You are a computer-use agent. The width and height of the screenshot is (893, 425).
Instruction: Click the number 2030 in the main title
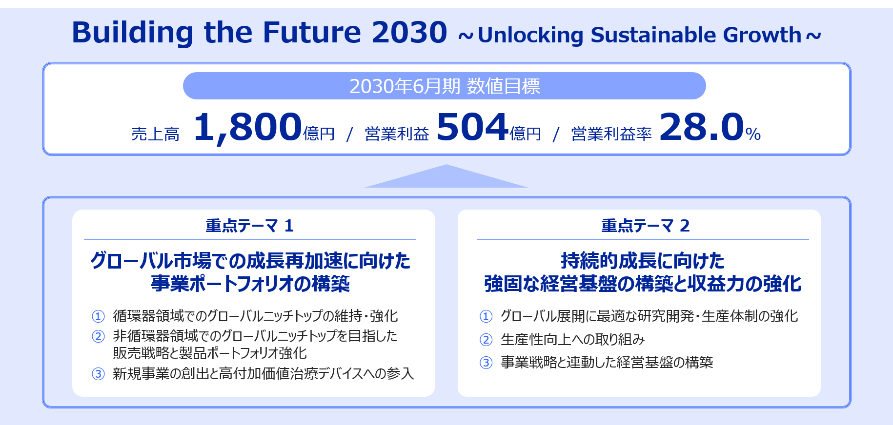[409, 33]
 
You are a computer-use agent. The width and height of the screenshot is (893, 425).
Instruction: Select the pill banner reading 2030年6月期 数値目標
[445, 86]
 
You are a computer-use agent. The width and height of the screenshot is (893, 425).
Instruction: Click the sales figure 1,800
[248, 127]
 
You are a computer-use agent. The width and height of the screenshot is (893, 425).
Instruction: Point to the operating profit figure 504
[472, 127]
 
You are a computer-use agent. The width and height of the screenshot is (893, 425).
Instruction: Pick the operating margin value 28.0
[702, 127]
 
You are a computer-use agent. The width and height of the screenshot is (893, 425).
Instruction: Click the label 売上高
[156, 134]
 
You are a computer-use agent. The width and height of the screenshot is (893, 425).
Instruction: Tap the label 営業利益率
[611, 134]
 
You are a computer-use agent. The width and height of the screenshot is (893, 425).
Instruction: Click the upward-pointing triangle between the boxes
[446, 176]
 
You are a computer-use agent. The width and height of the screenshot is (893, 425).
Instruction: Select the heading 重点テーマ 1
[249, 226]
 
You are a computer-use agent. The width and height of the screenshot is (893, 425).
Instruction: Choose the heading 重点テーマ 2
[645, 226]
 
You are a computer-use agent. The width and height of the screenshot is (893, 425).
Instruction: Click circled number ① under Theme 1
[98, 316]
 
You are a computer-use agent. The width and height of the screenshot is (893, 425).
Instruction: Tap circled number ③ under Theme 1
[98, 374]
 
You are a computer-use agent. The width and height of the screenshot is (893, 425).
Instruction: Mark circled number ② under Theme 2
[486, 340]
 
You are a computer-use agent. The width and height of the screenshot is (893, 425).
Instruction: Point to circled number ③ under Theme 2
[486, 363]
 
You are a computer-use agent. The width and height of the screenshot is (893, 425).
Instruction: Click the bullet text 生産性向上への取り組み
[573, 340]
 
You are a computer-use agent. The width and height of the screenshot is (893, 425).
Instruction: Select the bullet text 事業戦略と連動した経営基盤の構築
[607, 363]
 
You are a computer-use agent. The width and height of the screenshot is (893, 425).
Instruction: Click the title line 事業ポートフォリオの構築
[250, 284]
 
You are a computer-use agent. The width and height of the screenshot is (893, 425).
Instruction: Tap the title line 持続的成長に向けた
[643, 261]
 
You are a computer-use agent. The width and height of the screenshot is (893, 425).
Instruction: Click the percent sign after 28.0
[753, 134]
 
